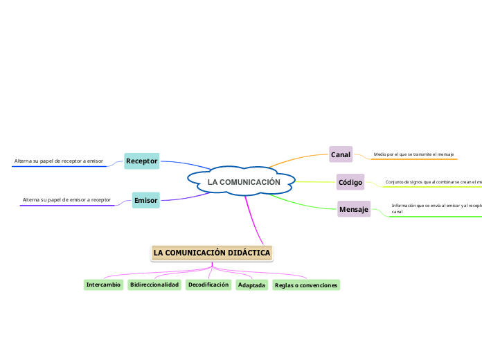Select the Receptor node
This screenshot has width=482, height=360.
[142, 161]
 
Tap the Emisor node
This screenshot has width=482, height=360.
[145, 201]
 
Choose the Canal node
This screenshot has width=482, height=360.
[341, 154]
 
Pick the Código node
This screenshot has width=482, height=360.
[350, 183]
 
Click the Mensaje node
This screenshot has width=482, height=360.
[354, 209]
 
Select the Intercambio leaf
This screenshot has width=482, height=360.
[103, 285]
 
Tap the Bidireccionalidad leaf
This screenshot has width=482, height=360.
[154, 285]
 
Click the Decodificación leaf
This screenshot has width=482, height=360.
[208, 285]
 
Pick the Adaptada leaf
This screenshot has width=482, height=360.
[251, 285]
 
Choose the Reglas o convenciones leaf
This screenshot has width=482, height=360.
[306, 285]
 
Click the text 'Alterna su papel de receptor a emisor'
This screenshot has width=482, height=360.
[59, 161]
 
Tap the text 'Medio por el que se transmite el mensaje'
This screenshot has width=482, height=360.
[413, 154]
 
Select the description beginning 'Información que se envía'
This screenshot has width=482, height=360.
[436, 208]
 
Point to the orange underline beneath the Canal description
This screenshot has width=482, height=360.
[414, 159]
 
